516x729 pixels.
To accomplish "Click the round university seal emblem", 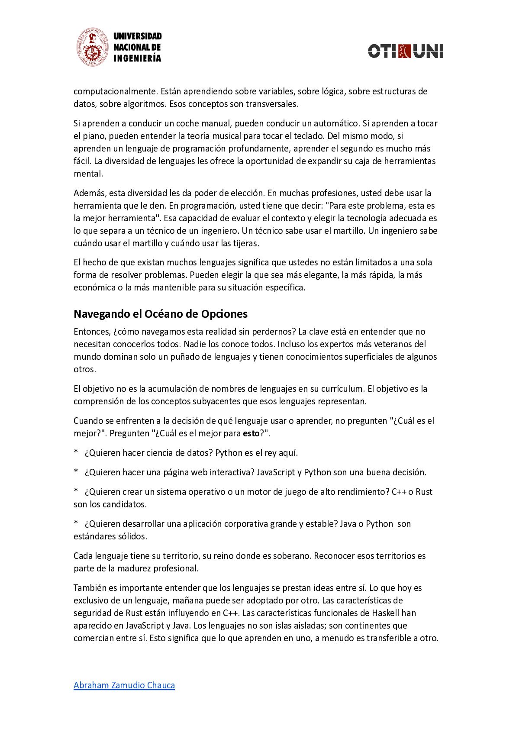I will pos(92,47).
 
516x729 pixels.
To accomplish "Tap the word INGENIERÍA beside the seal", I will pos(137,58).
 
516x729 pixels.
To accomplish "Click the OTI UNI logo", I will pos(406,51).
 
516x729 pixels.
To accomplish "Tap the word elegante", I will pos(323,275).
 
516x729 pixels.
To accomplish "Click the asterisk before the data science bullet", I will pos(76,453).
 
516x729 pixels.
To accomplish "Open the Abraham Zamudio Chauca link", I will pos(124,685).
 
